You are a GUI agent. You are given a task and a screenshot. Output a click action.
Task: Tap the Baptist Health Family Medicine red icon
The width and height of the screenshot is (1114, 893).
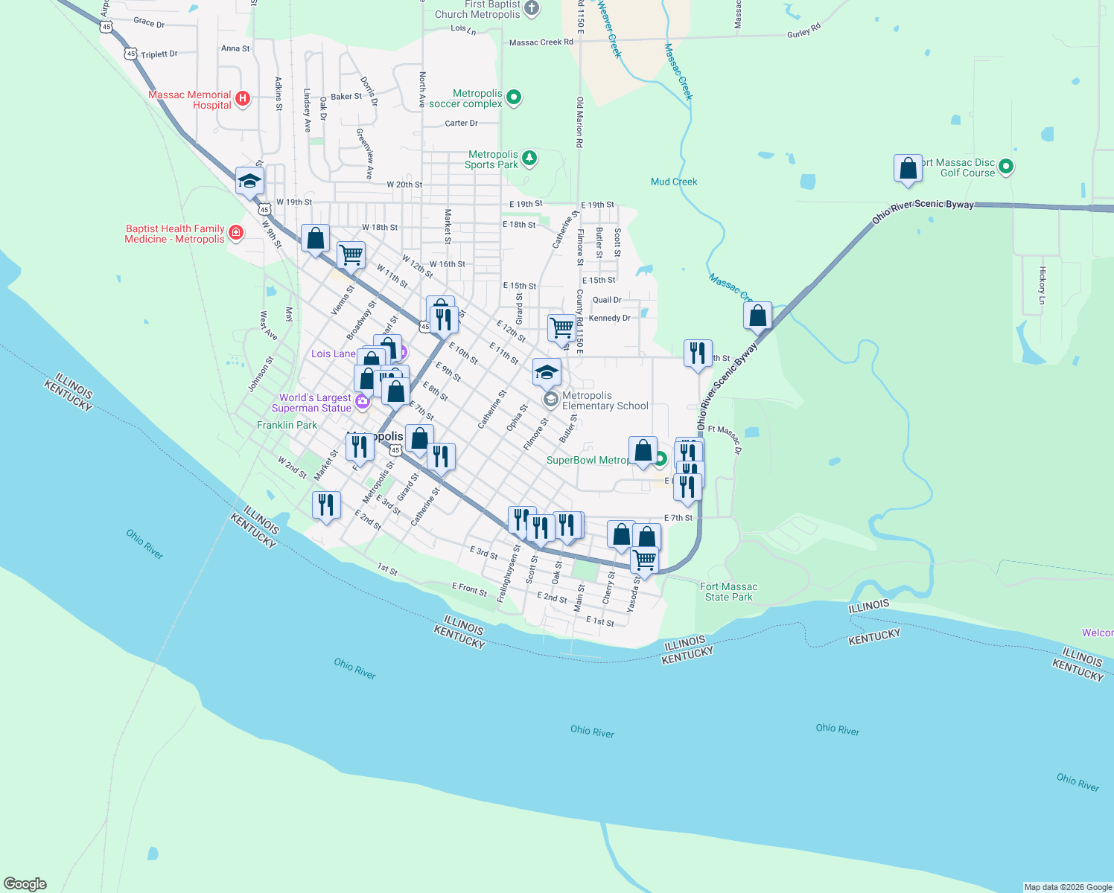(x=236, y=234)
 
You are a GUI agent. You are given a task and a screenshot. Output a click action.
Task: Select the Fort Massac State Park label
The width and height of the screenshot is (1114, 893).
(x=728, y=592)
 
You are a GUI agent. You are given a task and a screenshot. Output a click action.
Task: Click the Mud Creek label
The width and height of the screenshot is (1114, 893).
(x=674, y=182)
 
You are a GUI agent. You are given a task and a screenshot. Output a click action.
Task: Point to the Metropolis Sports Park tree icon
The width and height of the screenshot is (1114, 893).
(x=529, y=158)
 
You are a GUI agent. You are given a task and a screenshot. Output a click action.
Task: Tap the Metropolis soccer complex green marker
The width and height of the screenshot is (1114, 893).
(x=513, y=97)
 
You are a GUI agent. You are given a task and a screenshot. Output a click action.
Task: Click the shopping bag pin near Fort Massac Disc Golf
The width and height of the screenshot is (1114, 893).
(x=908, y=169)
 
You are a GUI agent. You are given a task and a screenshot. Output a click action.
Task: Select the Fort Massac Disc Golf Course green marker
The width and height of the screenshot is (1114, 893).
(x=1006, y=167)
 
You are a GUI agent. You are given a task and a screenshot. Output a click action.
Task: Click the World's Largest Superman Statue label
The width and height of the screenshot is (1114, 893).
(x=311, y=403)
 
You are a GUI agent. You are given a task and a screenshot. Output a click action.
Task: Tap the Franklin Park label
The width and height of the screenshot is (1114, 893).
(x=287, y=425)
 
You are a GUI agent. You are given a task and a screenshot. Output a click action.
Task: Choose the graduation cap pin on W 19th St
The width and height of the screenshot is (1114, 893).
(x=249, y=181)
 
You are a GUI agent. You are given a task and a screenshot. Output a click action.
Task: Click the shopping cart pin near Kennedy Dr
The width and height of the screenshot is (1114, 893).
(x=561, y=328)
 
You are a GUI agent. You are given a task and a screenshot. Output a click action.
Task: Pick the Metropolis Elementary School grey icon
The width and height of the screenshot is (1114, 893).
(x=550, y=400)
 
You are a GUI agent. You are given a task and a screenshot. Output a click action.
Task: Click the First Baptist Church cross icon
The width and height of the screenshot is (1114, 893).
(x=532, y=9)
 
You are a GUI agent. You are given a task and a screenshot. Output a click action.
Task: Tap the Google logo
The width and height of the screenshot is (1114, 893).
(x=25, y=884)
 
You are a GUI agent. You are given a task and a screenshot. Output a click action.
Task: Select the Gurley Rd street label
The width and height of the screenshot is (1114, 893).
(x=803, y=31)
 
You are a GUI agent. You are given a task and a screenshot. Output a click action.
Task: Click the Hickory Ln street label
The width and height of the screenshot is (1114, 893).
(x=1043, y=285)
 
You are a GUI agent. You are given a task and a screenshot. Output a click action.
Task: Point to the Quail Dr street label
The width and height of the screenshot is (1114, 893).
(x=607, y=300)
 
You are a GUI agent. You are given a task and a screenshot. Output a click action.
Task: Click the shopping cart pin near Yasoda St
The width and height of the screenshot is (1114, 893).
(x=644, y=560)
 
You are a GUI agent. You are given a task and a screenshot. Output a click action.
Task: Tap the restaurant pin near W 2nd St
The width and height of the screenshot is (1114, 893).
(x=326, y=505)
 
